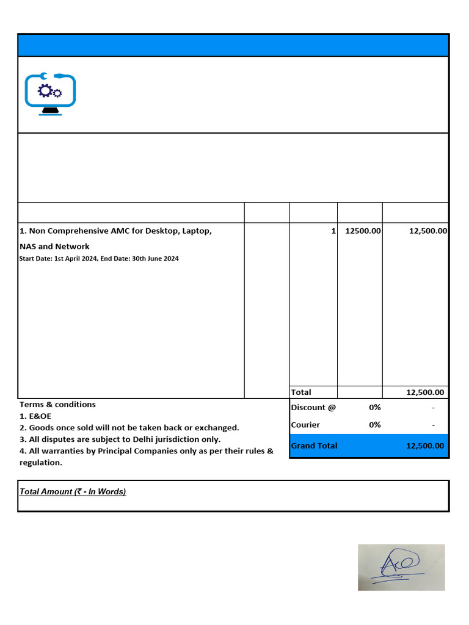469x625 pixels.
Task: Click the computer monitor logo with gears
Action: pos(50,94)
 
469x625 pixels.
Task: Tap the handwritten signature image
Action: pos(401,567)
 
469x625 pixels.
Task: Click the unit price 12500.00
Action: pos(363,231)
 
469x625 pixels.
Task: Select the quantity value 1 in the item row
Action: pos(333,231)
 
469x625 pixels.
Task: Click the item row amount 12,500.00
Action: pos(427,231)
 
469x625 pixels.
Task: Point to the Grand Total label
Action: pos(314,446)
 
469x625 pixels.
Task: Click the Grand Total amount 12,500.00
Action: pos(425,446)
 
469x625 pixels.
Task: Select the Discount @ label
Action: pos(313,407)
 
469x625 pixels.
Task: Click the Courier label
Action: pos(305,425)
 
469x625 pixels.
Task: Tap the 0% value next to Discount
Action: pos(374,407)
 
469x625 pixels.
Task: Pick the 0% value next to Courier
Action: pos(374,425)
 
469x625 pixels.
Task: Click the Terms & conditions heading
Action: pos(57,404)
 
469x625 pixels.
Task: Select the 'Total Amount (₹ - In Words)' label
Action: pos(73,491)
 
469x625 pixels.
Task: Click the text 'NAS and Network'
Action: pos(54,247)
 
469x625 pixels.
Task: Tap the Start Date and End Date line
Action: pos(99,259)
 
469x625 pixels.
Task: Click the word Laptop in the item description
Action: pos(196,231)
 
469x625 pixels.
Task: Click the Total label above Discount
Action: pos(301,392)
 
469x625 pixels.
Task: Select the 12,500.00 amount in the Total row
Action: pos(425,392)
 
